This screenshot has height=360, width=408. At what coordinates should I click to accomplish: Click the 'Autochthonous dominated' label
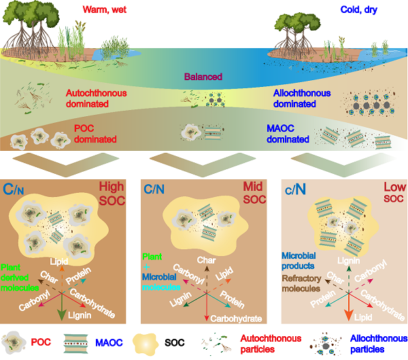point(99,98)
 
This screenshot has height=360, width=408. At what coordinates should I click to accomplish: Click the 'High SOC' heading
point(111,194)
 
